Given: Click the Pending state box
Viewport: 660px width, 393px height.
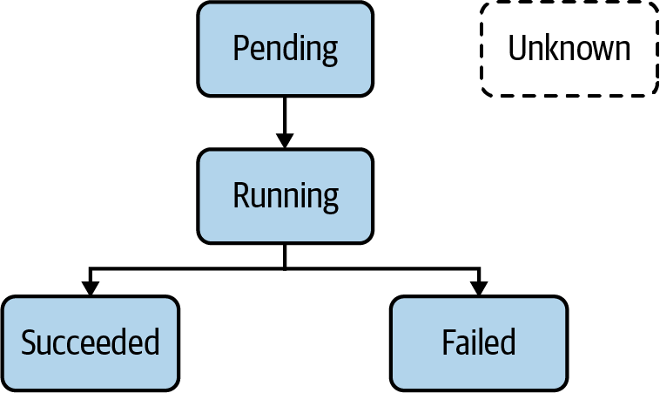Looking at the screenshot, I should coord(285,49).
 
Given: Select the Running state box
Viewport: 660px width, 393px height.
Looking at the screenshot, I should coord(285,195).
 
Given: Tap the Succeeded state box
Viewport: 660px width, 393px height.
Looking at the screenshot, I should coord(90,342).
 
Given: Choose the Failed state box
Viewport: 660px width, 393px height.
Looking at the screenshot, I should coord(478,342).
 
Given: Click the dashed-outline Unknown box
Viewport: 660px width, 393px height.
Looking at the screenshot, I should coord(569,49).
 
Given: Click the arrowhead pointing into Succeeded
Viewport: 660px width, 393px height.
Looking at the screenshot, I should coord(90,287).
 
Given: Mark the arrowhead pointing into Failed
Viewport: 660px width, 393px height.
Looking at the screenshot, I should coord(478,287).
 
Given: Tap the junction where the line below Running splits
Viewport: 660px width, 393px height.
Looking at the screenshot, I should coord(285,268).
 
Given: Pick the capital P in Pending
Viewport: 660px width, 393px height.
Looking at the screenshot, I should coord(241,48).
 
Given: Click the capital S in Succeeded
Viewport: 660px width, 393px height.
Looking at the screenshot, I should coord(28,342).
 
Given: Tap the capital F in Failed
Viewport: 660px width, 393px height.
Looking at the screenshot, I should coord(448,342).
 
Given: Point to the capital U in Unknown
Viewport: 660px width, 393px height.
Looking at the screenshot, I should coord(517,48).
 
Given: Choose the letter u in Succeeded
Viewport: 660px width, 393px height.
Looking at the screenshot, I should coord(44,344).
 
